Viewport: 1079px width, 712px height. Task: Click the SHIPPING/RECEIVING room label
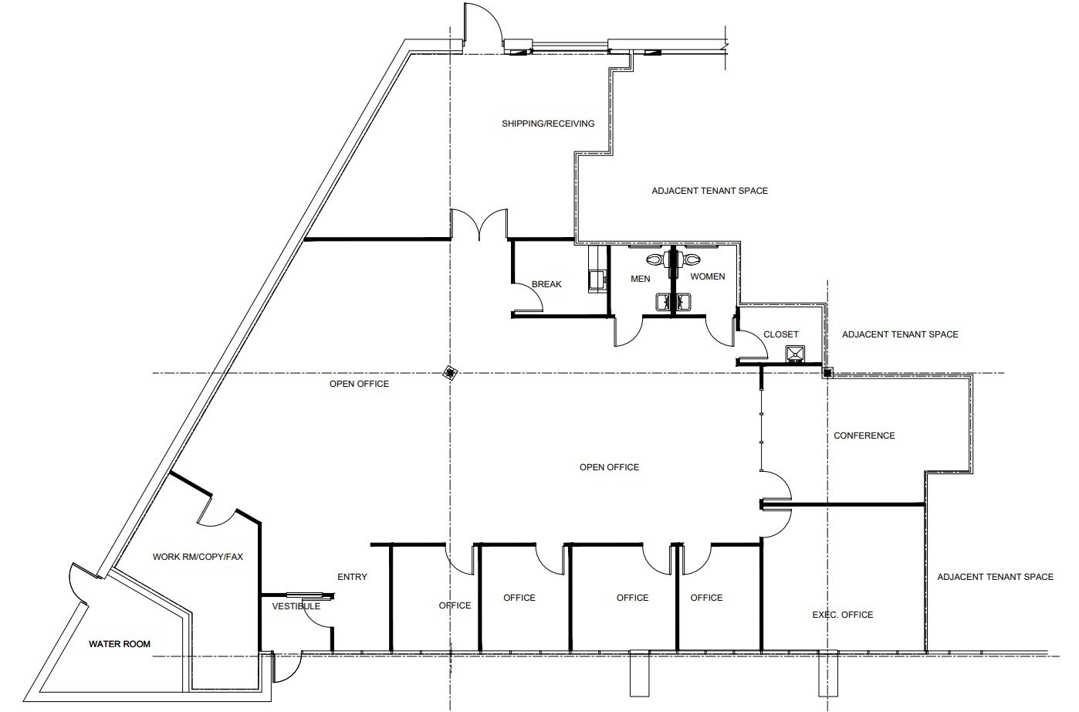548,124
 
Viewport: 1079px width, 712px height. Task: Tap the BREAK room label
546,284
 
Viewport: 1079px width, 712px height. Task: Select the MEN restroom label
640,279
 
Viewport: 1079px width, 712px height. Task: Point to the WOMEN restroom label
707,276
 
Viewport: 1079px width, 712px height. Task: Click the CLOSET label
780,334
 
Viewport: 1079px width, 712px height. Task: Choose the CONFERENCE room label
864,436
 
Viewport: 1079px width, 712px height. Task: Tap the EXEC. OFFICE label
842,615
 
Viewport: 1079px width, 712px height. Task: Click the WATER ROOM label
120,644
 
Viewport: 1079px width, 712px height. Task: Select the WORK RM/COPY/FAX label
198,556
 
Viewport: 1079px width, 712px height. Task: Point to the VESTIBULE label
296,606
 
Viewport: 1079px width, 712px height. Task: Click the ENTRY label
352,577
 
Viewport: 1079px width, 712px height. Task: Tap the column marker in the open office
449,374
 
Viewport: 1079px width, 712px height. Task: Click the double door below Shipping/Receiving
479,224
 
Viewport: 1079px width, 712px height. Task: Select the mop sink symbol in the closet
795,354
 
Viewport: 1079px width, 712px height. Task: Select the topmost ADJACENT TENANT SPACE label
709,191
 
